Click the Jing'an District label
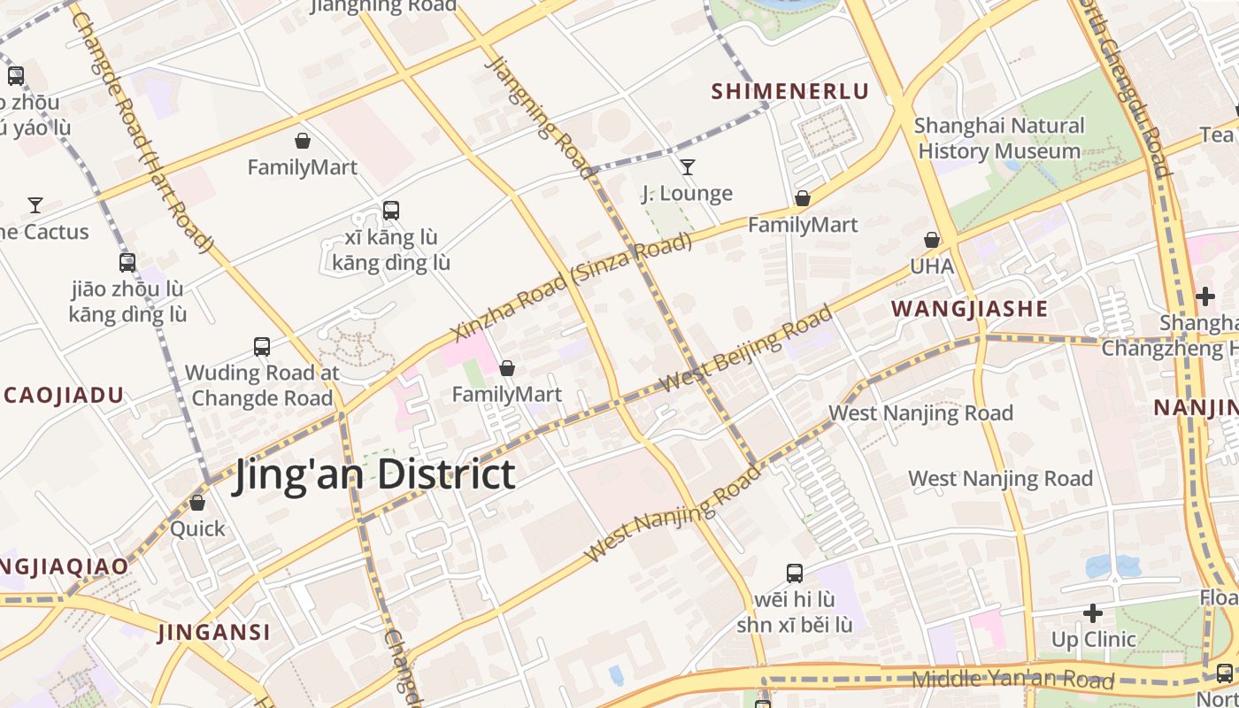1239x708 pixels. click(x=373, y=475)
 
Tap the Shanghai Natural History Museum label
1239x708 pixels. click(x=999, y=138)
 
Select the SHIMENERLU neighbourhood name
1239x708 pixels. click(x=790, y=91)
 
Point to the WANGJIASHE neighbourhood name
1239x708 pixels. click(x=969, y=309)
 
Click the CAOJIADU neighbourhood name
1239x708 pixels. click(x=62, y=396)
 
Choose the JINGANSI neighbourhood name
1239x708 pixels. click(x=214, y=633)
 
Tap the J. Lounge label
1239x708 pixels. click(x=687, y=193)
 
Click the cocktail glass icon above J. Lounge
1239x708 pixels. click(x=687, y=166)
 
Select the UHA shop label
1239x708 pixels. click(x=932, y=265)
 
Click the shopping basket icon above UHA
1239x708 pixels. click(x=932, y=240)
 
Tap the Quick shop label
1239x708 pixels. click(x=197, y=529)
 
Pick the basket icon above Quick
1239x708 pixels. click(x=197, y=503)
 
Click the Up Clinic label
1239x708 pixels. click(x=1093, y=639)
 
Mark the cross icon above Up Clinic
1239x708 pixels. click(x=1093, y=612)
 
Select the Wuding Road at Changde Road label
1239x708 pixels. click(x=262, y=385)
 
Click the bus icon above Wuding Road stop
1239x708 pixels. click(x=262, y=346)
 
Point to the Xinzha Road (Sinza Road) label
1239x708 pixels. click(x=571, y=288)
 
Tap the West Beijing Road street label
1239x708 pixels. click(x=746, y=350)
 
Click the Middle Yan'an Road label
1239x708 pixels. click(x=1012, y=680)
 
